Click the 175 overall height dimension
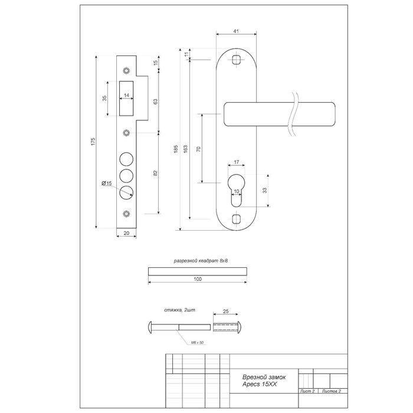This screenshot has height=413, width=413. point(93,142)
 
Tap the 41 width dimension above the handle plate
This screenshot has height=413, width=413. point(236,31)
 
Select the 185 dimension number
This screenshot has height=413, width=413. point(176,149)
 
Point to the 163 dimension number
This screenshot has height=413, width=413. point(185,149)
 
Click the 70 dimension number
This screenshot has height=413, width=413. point(199,149)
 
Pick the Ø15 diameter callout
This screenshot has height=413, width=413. point(107,183)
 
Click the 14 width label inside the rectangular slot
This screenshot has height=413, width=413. point(126,95)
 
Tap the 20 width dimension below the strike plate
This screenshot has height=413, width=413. point(126,233)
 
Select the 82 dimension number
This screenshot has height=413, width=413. point(155,173)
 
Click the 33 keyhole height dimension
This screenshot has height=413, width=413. point(265,190)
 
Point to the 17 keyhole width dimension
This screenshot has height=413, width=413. point(236,162)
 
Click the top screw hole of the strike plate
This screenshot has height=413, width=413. point(126,71)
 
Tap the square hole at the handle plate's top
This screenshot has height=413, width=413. point(236,60)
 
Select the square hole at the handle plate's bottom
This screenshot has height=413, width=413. point(236,219)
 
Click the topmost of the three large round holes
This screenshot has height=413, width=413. point(126,159)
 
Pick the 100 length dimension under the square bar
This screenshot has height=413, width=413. point(198,279)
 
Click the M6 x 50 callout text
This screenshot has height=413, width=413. point(197,343)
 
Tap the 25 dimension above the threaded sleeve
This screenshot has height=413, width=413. point(226,312)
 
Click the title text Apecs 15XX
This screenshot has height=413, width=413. point(260,384)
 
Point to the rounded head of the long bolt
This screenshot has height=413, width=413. point(150,327)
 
